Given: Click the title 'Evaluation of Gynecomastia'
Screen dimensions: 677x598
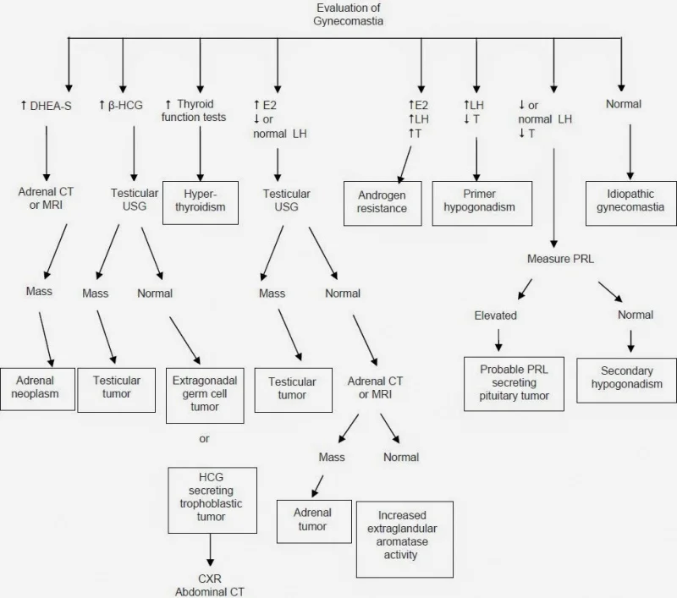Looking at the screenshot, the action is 348,14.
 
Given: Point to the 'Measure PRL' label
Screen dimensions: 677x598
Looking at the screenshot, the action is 560,259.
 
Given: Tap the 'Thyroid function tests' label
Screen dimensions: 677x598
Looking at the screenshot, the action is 194,111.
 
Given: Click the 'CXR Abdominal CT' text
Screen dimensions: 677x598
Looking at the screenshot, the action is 210,585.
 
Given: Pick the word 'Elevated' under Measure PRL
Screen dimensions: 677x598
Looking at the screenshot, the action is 496,315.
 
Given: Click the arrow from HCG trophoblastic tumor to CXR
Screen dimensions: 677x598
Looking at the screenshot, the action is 210,550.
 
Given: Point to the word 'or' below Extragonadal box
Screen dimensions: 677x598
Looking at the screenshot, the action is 204,439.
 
